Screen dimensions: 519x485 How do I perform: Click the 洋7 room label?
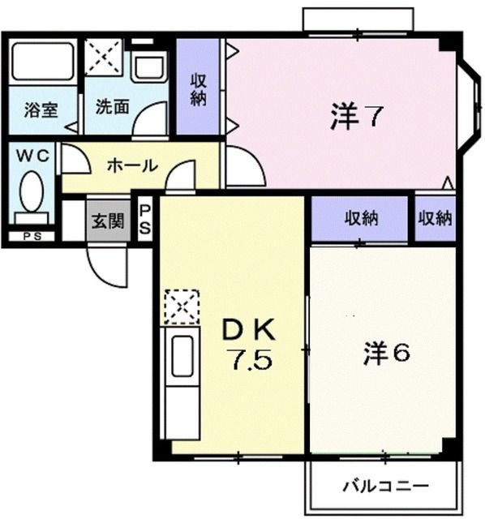tap(355, 118)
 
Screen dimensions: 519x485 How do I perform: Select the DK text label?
tap(251, 329)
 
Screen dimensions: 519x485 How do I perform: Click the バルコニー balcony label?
tap(384, 487)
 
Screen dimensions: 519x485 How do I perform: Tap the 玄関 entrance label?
tap(107, 220)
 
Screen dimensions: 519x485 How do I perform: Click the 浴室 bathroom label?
tap(40, 109)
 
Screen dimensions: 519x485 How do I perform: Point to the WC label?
tap(29, 154)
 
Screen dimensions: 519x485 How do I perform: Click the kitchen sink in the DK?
tap(182, 357)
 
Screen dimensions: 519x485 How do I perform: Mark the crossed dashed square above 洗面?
tap(104, 56)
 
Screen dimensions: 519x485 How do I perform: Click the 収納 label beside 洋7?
tap(199, 89)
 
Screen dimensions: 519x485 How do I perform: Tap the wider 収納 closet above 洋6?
tap(361, 218)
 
